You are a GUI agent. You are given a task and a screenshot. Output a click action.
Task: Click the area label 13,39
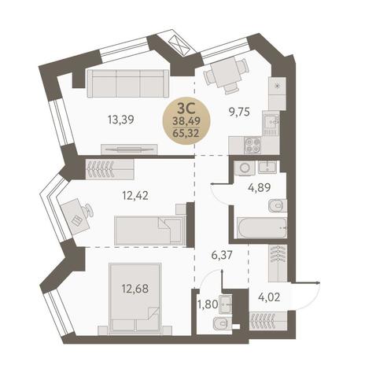[121, 120]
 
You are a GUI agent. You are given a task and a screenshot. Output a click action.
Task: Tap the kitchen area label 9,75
[238, 112]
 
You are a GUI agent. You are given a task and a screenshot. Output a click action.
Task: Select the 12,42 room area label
[135, 195]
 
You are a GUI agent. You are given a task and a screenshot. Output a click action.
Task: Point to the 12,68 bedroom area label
[135, 289]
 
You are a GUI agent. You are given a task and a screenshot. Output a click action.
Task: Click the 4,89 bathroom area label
[259, 187]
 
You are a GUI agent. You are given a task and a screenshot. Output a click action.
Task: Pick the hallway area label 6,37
[222, 255]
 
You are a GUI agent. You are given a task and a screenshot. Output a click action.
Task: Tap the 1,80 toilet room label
[208, 304]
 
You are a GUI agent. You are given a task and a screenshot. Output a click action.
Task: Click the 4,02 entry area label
[269, 297]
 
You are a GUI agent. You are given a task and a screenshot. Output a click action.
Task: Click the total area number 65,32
[186, 133]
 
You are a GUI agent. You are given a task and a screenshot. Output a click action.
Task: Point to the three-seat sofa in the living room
[128, 83]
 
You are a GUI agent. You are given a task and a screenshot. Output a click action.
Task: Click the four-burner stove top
[253, 146]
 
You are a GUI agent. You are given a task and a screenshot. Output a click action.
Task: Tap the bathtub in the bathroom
[262, 227]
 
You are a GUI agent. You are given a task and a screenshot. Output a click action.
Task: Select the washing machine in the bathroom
[245, 168]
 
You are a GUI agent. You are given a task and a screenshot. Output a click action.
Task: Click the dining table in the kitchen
[225, 72]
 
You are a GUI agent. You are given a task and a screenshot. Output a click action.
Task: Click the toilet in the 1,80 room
[222, 323]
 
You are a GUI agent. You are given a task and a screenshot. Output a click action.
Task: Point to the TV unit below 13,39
[129, 149]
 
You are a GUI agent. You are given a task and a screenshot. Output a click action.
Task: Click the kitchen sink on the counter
[271, 123]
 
